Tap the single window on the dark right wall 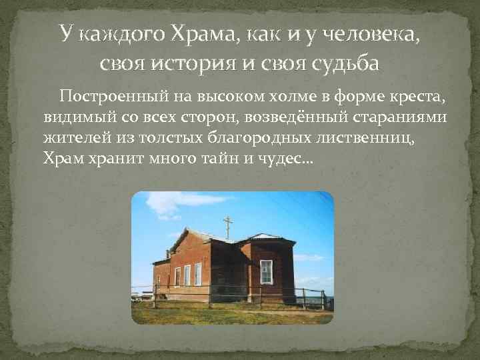tap(266, 271)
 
